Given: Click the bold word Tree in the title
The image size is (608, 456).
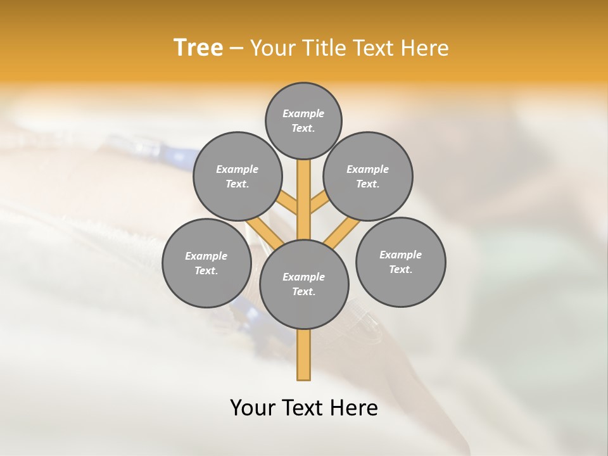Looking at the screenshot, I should [198, 48].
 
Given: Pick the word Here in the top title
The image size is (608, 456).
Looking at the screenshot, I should [426, 48].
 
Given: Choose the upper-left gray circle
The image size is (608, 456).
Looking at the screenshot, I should [237, 176].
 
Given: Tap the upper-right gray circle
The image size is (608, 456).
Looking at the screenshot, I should [368, 176].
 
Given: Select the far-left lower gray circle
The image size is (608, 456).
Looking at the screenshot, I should [206, 263].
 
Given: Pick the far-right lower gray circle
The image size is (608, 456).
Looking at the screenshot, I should [401, 262].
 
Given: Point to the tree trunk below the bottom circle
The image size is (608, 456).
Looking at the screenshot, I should [304, 355].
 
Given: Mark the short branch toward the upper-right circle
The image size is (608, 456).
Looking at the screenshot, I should [318, 203].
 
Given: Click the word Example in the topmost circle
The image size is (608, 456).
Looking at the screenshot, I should [303, 113].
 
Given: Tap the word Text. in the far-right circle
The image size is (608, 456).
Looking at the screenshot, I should [401, 269].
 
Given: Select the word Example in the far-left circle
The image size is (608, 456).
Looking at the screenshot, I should [206, 256].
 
